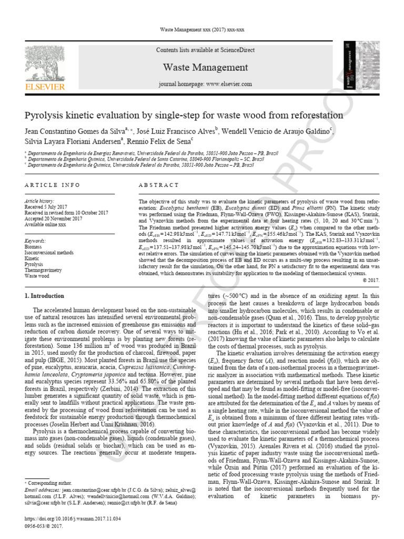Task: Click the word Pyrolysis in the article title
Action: (45, 115)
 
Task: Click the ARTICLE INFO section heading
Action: (53, 185)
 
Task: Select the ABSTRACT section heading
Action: (159, 185)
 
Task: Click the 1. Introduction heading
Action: (45, 296)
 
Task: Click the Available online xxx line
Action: (46, 224)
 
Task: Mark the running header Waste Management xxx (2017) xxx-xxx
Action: (202, 29)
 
